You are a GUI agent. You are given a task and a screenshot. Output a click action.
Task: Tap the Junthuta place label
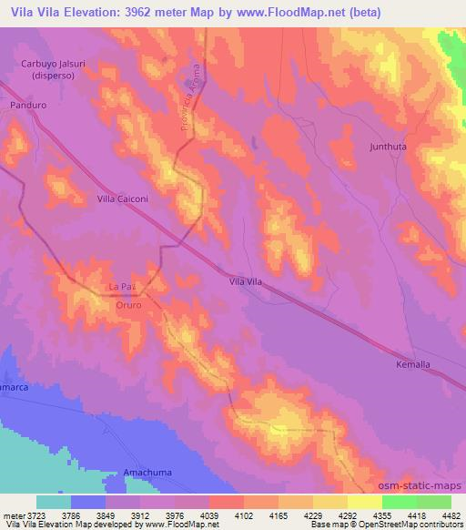393,146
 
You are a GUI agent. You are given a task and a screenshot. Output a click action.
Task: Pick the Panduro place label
28,105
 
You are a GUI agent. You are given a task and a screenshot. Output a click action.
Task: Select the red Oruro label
127,306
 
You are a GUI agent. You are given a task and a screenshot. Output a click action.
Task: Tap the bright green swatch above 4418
400,502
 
